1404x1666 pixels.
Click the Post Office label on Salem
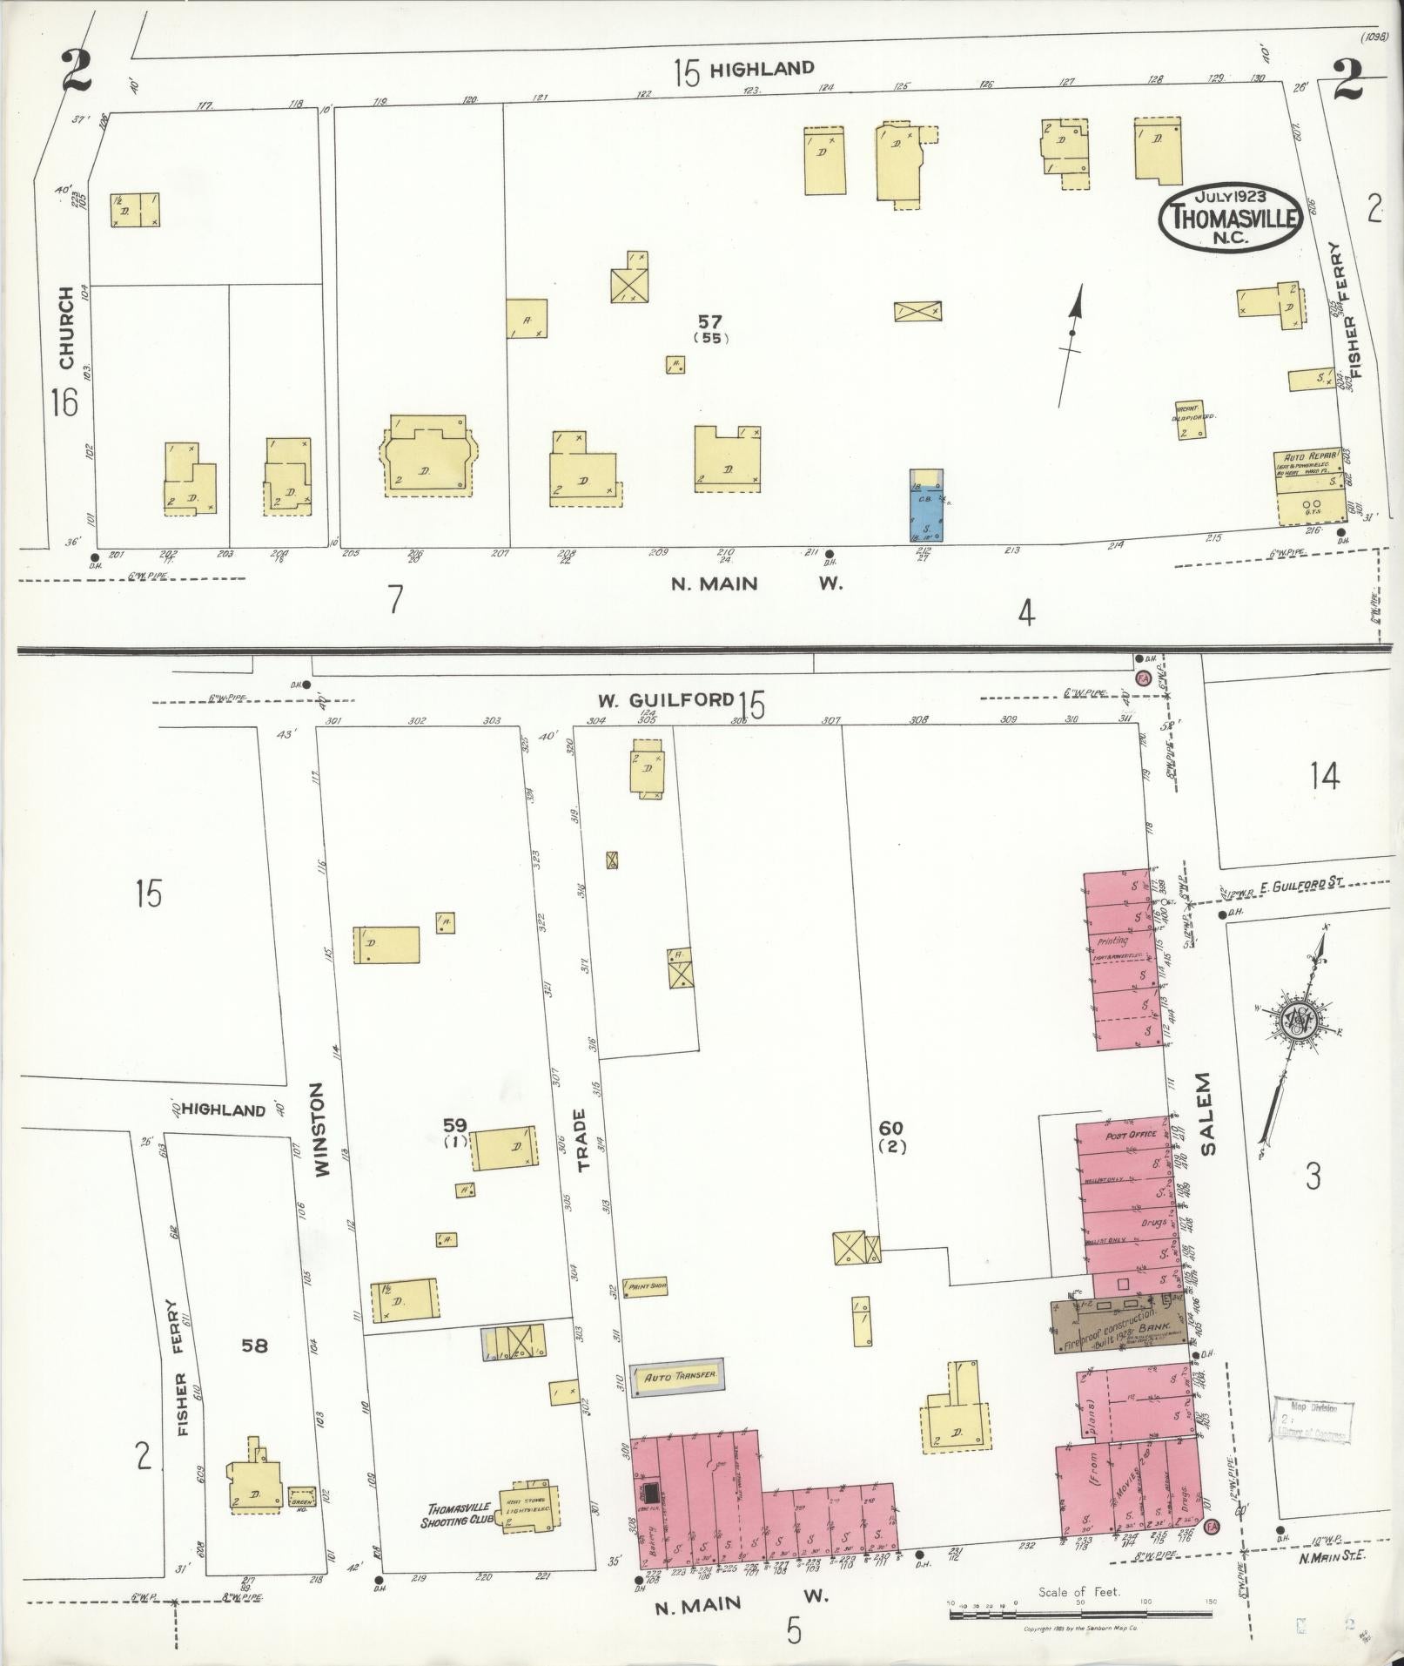pyautogui.click(x=1130, y=1136)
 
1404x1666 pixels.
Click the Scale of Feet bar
pyautogui.click(x=1079, y=1614)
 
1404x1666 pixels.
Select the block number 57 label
pyautogui.click(x=711, y=323)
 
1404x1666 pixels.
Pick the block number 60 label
pyautogui.click(x=892, y=1130)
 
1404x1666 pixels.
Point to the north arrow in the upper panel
pyautogui.click(x=1072, y=346)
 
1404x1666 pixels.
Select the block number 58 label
pyautogui.click(x=254, y=1346)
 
